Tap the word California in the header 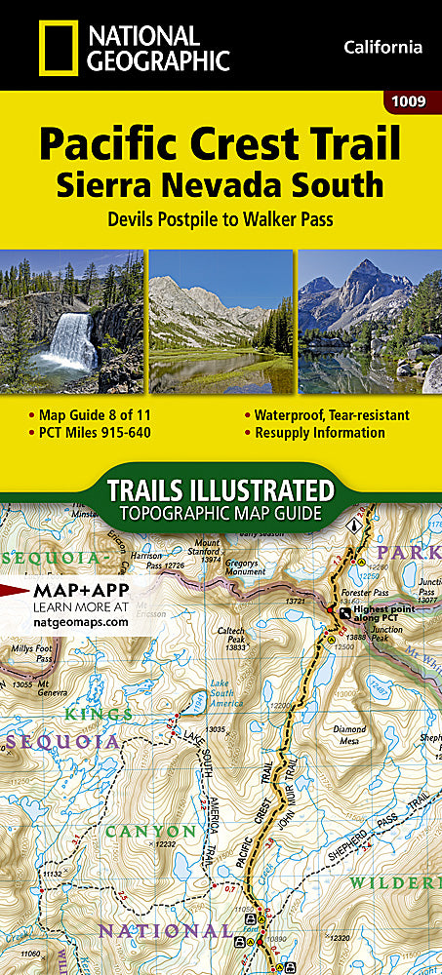[382, 47]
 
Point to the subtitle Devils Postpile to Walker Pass [221, 219]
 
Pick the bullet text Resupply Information [319, 433]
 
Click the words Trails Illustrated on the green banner [221, 488]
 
